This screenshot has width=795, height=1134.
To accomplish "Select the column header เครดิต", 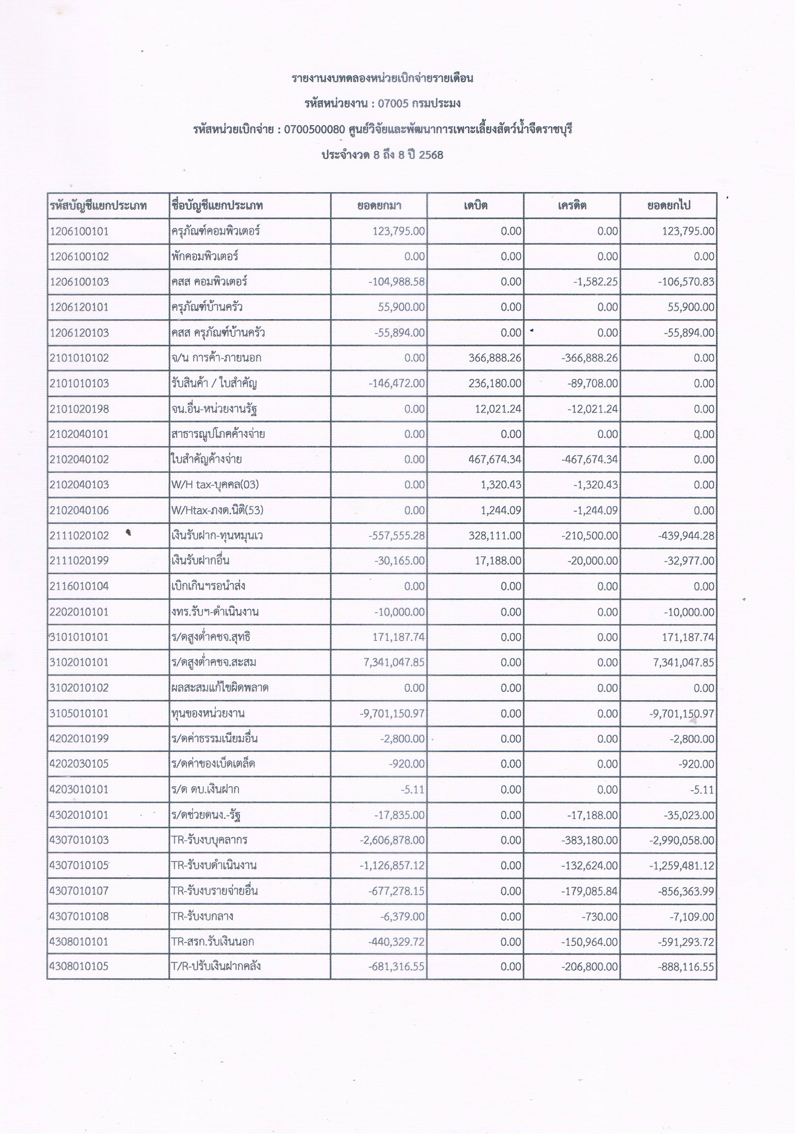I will click(572, 206).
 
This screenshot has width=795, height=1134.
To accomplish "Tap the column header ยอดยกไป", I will click(669, 206).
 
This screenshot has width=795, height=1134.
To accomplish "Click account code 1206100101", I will click(79, 231).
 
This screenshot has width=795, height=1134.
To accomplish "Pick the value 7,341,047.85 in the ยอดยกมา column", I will click(394, 662).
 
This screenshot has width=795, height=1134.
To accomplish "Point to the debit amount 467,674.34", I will click(495, 459).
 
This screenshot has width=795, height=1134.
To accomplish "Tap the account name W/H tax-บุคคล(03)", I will click(215, 484).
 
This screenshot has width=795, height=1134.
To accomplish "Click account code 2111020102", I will click(79, 535).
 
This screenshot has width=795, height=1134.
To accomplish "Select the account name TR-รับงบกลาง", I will click(202, 916).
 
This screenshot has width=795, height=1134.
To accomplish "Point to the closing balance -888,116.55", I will click(686, 967).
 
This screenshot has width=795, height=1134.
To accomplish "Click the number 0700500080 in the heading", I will click(314, 129).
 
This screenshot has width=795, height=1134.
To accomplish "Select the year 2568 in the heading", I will click(431, 155).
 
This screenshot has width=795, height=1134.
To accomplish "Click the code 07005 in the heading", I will click(393, 104).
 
